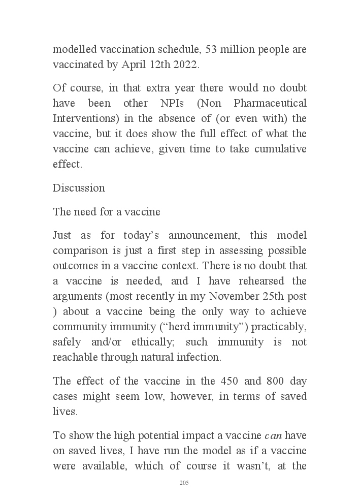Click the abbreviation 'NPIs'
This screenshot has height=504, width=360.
pyautogui.click(x=159, y=103)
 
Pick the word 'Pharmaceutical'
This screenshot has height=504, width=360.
pyautogui.click(x=270, y=103)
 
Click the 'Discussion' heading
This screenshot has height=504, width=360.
pyautogui.click(x=79, y=187)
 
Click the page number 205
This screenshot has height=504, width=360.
pyautogui.click(x=184, y=483)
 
